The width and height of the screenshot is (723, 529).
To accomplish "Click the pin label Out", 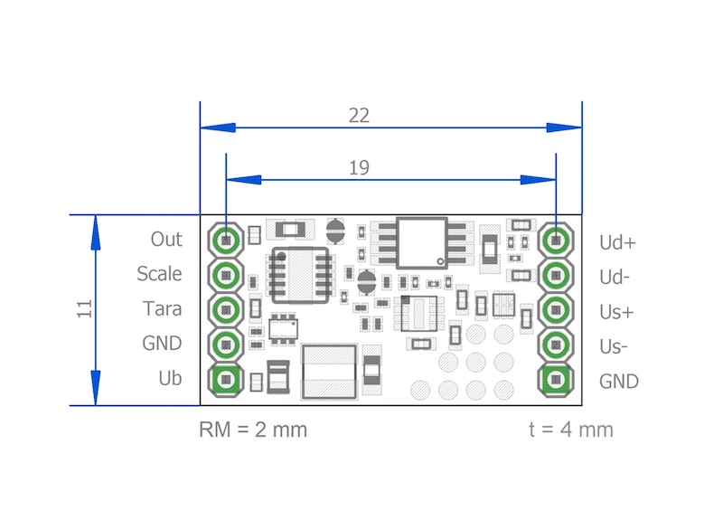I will click(x=166, y=239).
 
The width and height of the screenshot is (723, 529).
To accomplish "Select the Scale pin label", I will click(x=159, y=273).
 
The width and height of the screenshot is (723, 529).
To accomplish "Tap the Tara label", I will click(x=162, y=308).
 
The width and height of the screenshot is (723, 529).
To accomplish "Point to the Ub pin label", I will click(x=170, y=378).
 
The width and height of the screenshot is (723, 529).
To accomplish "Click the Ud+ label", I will click(x=618, y=242).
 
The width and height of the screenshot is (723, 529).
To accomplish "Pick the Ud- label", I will click(x=616, y=277).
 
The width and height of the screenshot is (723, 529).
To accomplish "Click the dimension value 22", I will click(x=359, y=116).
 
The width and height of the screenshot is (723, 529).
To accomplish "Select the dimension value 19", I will click(x=359, y=167).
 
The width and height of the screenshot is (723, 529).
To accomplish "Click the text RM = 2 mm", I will click(x=253, y=430).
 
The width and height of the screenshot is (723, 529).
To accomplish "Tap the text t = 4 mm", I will click(x=571, y=430).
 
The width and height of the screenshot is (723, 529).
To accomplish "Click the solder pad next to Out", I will click(x=226, y=241).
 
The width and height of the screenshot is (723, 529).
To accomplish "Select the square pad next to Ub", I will click(x=226, y=379).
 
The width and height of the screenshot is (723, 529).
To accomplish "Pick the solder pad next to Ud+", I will click(x=557, y=241).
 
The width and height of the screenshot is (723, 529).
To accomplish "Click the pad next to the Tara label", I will click(x=226, y=309).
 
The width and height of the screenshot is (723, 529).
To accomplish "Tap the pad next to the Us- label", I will click(x=557, y=345).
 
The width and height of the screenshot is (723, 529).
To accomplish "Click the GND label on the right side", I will click(x=619, y=382).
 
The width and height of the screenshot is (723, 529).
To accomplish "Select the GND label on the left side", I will click(x=163, y=343).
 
